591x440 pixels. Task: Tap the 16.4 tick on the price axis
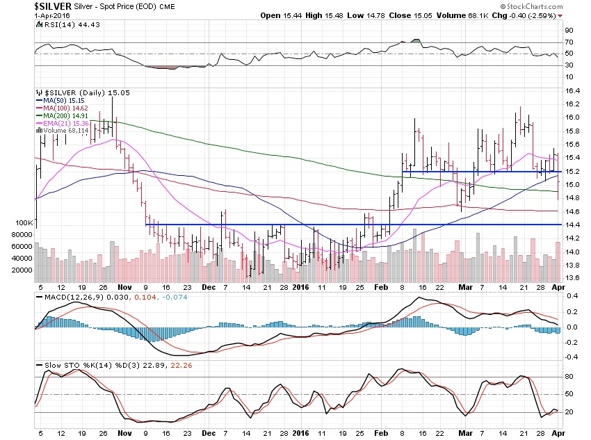[x=572, y=90]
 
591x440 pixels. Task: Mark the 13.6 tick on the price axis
[x=572, y=278]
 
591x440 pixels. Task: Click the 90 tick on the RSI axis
[x=568, y=31]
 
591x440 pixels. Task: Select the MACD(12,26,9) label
[x=65, y=299]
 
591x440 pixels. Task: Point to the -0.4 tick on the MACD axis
[x=570, y=357]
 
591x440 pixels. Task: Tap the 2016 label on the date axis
[x=301, y=286]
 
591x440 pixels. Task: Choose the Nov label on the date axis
[x=124, y=286]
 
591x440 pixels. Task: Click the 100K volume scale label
[x=24, y=223]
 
